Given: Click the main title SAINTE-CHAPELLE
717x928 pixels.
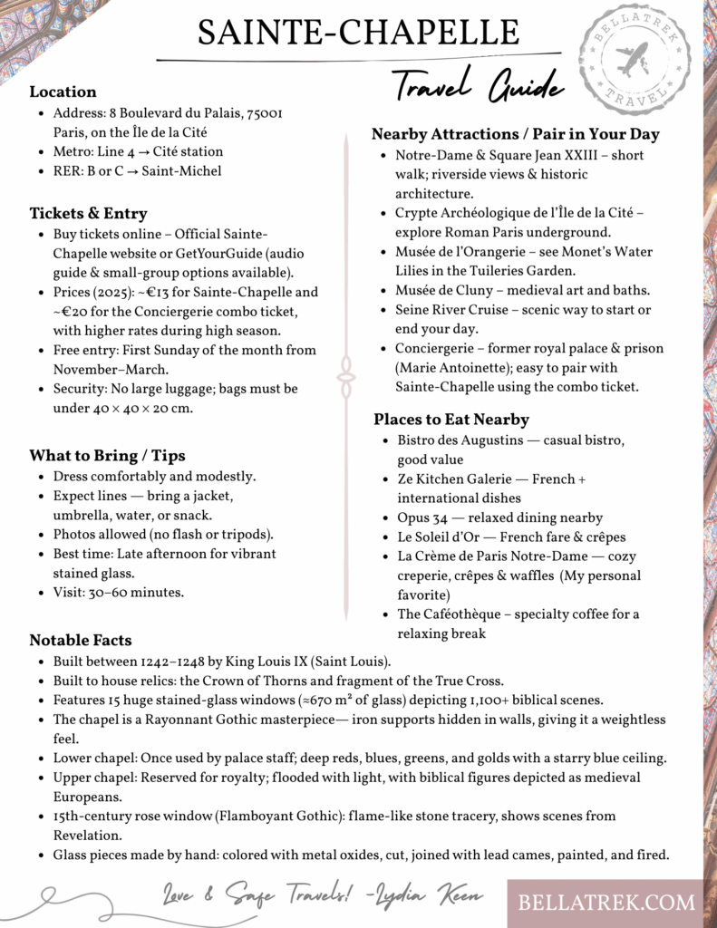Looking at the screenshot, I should (x=358, y=33).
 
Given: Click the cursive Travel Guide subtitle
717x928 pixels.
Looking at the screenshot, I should (x=478, y=87).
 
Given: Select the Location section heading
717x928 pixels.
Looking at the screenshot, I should (x=63, y=92).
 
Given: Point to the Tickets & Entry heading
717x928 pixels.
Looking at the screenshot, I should (x=88, y=213).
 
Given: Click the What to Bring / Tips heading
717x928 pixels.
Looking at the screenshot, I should (x=107, y=455).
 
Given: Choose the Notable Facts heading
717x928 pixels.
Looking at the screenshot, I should (x=80, y=640).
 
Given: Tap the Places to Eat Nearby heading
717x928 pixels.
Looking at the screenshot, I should (x=451, y=419).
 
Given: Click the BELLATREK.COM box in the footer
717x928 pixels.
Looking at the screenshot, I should (x=606, y=902).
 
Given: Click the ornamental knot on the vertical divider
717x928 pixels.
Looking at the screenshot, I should (x=345, y=372).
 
